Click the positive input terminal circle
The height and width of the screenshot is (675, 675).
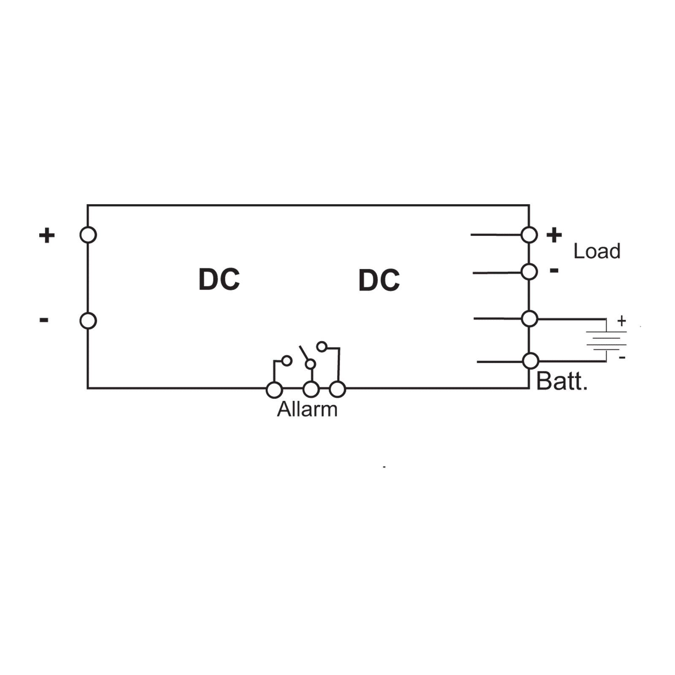[88, 235]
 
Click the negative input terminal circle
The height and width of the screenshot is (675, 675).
[88, 321]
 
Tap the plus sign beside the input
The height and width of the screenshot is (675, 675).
[47, 235]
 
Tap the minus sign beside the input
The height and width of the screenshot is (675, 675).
[44, 320]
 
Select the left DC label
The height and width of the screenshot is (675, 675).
[219, 280]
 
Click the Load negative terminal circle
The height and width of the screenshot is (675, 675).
[529, 272]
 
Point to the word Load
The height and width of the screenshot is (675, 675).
[597, 251]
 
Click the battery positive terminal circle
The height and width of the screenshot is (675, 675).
[529, 319]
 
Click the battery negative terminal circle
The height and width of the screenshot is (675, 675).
[530, 361]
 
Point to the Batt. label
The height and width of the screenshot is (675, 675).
[562, 381]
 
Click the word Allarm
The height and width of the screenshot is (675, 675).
[307, 410]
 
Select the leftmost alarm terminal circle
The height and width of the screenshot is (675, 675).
[274, 390]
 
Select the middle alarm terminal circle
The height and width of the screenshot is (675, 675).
[311, 390]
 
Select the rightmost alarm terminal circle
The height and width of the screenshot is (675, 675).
[337, 390]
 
